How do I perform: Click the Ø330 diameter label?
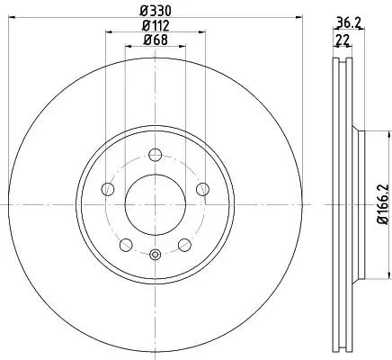[x=156, y=11]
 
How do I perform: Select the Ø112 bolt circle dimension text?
[x=156, y=26]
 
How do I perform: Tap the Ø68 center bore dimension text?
[x=156, y=40]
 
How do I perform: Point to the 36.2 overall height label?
[x=348, y=22]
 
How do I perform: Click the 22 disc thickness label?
[x=343, y=40]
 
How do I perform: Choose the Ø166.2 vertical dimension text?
[x=383, y=204]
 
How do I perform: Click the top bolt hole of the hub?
[x=156, y=155]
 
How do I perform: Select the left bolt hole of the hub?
[x=108, y=189]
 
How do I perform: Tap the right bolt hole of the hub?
[x=202, y=189]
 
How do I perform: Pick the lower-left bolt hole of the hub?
[x=126, y=245]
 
